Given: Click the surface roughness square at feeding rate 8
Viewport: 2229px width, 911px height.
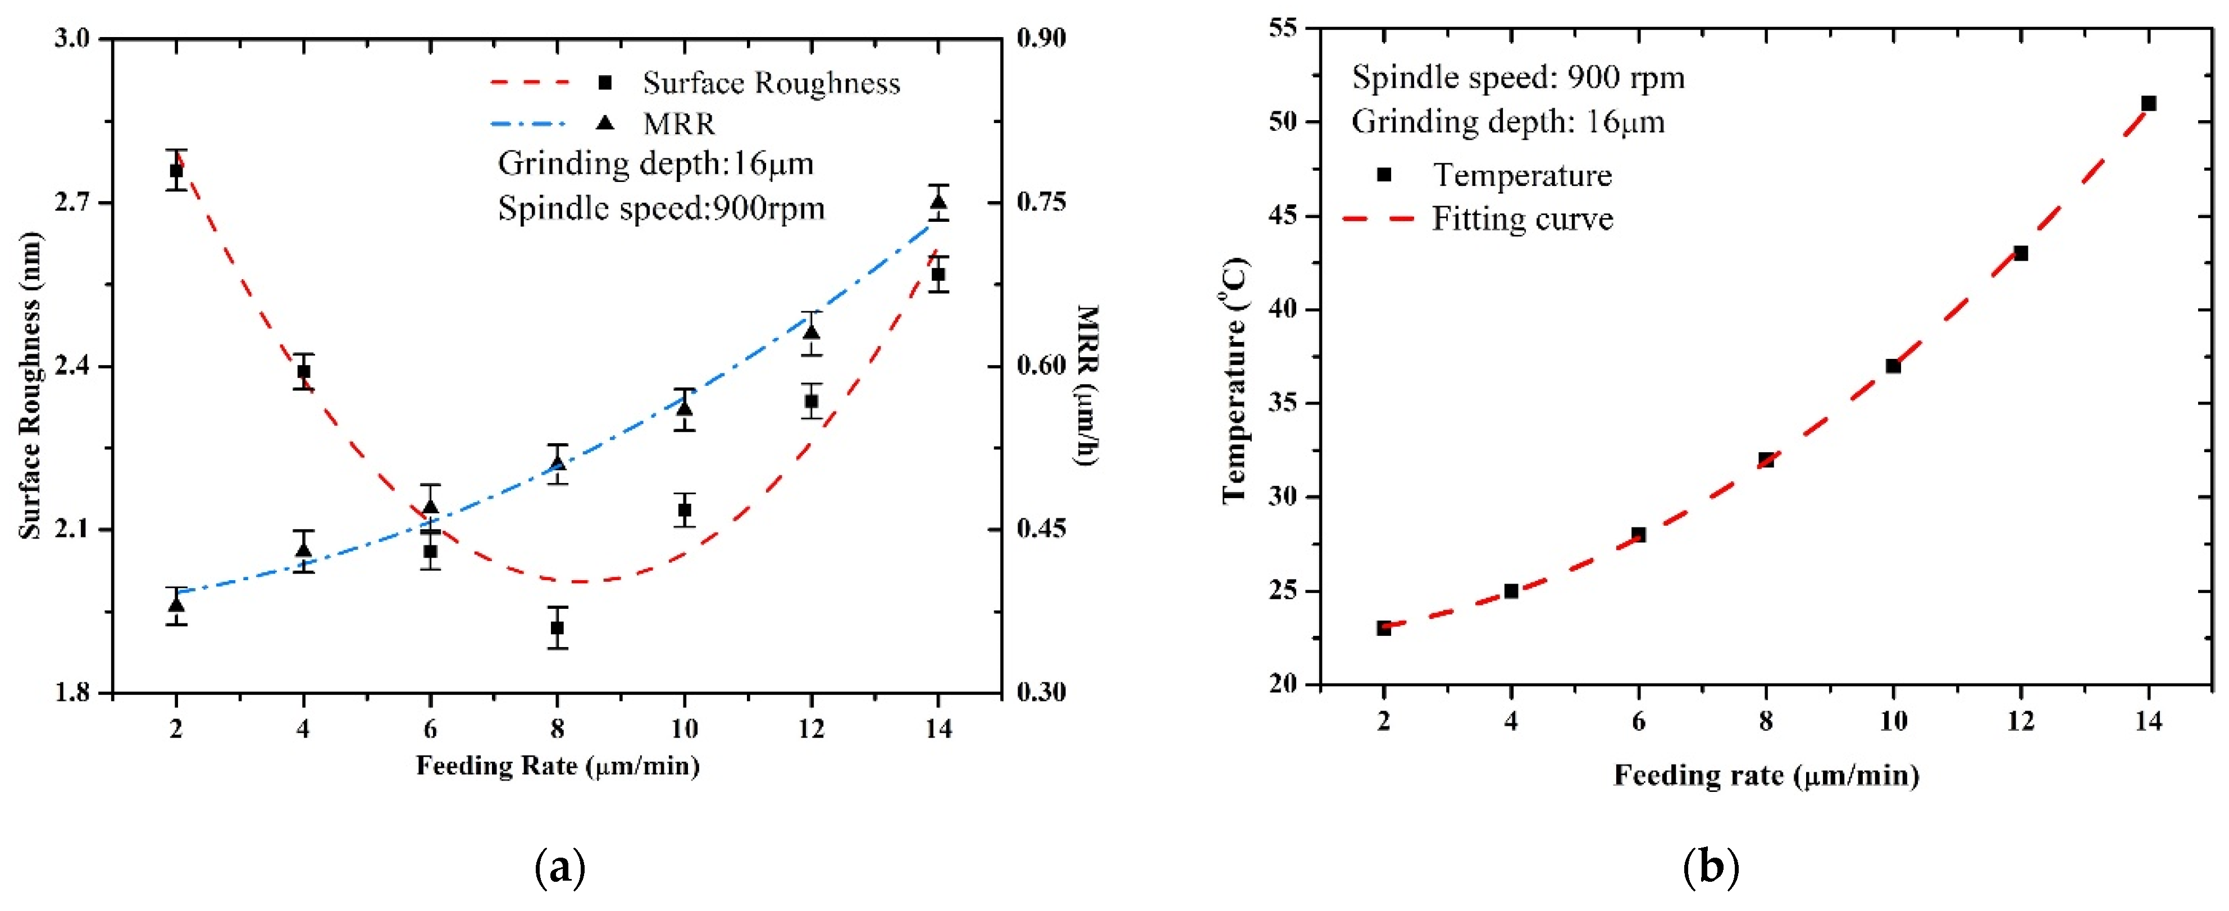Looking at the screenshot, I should [557, 627].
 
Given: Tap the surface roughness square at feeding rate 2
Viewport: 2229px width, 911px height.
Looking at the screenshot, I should [176, 170].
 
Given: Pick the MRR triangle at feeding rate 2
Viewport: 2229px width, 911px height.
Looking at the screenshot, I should [176, 604].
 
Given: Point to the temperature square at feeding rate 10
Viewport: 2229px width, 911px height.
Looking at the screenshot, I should [1893, 366].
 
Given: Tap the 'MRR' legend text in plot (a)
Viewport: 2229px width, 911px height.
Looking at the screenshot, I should [679, 124].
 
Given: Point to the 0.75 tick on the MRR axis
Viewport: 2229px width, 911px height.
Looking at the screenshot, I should [1041, 202].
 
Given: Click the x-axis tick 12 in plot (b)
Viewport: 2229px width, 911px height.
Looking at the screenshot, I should [2021, 721].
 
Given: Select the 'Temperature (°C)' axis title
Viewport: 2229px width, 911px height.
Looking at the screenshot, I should [1235, 381].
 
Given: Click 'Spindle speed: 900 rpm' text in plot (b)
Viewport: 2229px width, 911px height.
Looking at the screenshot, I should [1519, 78].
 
